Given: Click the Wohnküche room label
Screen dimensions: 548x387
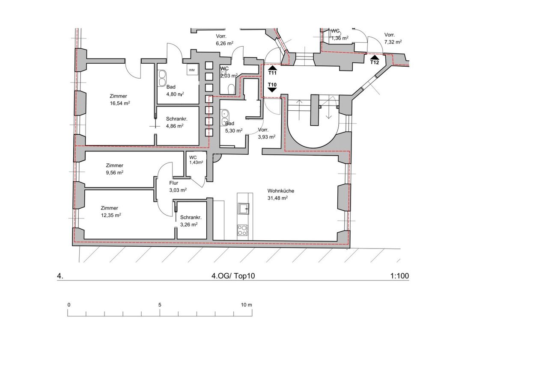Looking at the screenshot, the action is pyautogui.click(x=280, y=191).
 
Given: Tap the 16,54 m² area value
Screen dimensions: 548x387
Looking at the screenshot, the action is pyautogui.click(x=120, y=103).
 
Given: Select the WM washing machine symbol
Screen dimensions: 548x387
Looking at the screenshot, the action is pyautogui.click(x=191, y=70).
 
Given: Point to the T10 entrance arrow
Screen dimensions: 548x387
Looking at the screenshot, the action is pyautogui.click(x=272, y=90).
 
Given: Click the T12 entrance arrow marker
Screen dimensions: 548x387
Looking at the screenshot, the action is pyautogui.click(x=374, y=57).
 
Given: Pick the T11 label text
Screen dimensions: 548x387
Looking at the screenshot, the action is pyautogui.click(x=272, y=73).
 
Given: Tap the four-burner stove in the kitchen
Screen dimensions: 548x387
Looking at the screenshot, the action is pyautogui.click(x=242, y=230).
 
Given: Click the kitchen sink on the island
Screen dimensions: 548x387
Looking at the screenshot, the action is pyautogui.click(x=244, y=209).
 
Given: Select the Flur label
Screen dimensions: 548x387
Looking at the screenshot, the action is pyautogui.click(x=174, y=183).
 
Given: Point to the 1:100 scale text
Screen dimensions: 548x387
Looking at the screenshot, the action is pyautogui.click(x=399, y=276).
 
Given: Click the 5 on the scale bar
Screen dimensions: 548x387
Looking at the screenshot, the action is pyautogui.click(x=160, y=305).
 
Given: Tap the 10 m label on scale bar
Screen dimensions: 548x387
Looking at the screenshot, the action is pyautogui.click(x=246, y=305).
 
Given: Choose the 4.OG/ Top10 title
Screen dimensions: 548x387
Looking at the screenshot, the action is pyautogui.click(x=233, y=276).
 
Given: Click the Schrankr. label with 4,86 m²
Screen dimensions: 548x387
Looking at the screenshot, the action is pyautogui.click(x=177, y=119).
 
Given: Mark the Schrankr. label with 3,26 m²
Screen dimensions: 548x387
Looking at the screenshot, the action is pyautogui.click(x=191, y=217).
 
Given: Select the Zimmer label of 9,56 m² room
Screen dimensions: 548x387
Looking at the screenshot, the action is pyautogui.click(x=114, y=165).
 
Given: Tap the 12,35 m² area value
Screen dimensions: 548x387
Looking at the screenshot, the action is pyautogui.click(x=111, y=215).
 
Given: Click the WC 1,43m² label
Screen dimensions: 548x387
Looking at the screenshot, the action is pyautogui.click(x=196, y=160).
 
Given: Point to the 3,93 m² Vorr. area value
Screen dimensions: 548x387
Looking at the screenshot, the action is pyautogui.click(x=267, y=137).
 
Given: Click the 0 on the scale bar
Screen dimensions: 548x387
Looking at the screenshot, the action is pyautogui.click(x=69, y=305).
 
